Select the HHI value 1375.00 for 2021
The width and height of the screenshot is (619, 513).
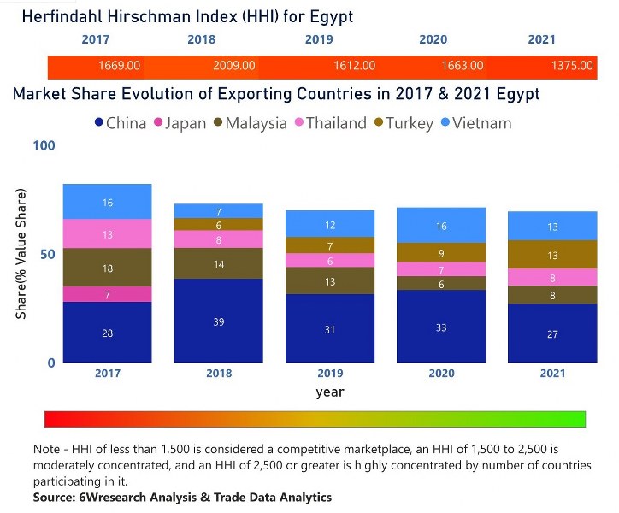(573, 66)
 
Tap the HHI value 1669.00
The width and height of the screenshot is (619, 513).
(120, 66)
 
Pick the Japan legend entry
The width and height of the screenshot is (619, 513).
(179, 123)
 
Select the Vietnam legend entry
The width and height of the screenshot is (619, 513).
(478, 123)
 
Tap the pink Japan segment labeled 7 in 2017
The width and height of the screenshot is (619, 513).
(108, 294)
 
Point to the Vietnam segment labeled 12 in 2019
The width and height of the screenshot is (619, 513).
(330, 224)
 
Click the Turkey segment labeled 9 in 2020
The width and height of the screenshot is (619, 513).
(441, 253)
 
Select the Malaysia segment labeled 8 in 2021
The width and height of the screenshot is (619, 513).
(552, 295)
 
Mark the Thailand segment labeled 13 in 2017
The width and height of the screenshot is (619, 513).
(108, 234)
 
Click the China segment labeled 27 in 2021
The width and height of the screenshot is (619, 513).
(552, 333)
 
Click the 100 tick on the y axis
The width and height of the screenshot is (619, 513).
(44, 145)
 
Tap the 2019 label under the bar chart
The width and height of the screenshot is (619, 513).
(330, 374)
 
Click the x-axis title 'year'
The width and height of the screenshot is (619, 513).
(329, 392)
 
